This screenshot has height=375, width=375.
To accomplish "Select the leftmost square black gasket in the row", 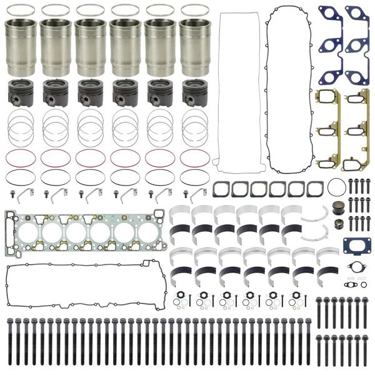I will [222, 189].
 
